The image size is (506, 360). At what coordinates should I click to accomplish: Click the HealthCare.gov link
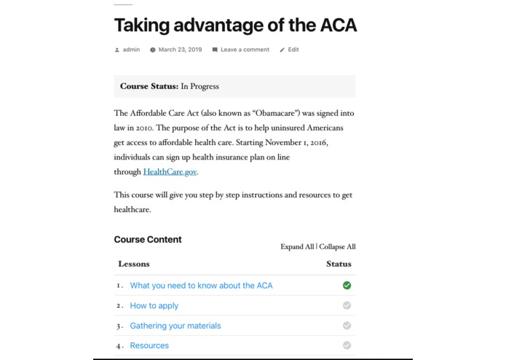170,172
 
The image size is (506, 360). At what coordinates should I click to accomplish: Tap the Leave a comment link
245,50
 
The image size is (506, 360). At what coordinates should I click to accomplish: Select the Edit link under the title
293,50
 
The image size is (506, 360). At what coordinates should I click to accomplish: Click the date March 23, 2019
180,50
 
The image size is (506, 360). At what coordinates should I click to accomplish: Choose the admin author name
131,50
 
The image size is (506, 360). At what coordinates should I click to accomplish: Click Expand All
297,247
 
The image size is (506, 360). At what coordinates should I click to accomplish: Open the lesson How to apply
154,305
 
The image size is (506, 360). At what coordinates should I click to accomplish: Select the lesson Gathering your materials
175,326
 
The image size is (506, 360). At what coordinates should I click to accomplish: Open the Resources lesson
149,345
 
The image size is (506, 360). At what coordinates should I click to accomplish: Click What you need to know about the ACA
201,286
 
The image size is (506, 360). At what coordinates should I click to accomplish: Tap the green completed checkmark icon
347,286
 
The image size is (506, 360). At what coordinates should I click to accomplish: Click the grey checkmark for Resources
347,345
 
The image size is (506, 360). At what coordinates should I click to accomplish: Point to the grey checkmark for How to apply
347,305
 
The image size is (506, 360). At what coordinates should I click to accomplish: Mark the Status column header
339,264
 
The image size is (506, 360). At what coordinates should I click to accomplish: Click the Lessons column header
134,264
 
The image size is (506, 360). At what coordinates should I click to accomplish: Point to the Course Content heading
148,240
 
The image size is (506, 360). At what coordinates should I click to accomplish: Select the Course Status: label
149,86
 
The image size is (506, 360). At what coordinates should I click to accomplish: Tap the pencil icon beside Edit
282,50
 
